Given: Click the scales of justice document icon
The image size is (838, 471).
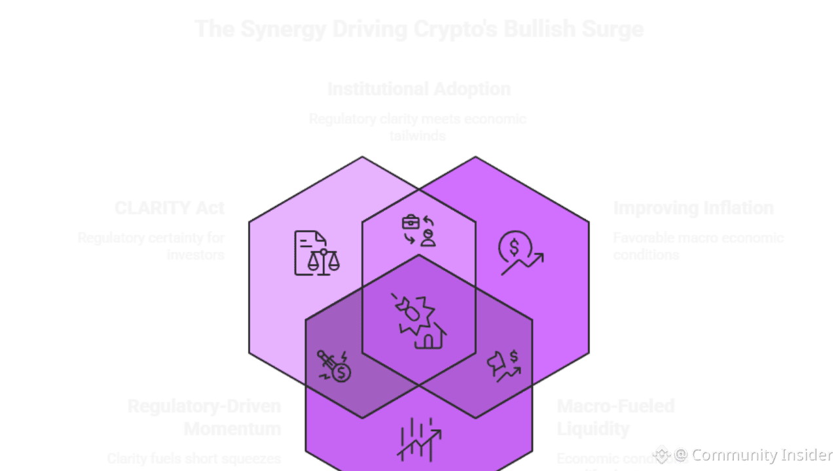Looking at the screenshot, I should click(x=317, y=253).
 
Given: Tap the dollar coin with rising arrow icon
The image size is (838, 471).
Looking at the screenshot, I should click(x=520, y=253).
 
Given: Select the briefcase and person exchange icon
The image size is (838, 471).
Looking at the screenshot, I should click(x=419, y=231).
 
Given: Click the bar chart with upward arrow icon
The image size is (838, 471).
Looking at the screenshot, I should click(x=419, y=440).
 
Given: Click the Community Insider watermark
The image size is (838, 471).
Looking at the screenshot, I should click(x=753, y=454).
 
